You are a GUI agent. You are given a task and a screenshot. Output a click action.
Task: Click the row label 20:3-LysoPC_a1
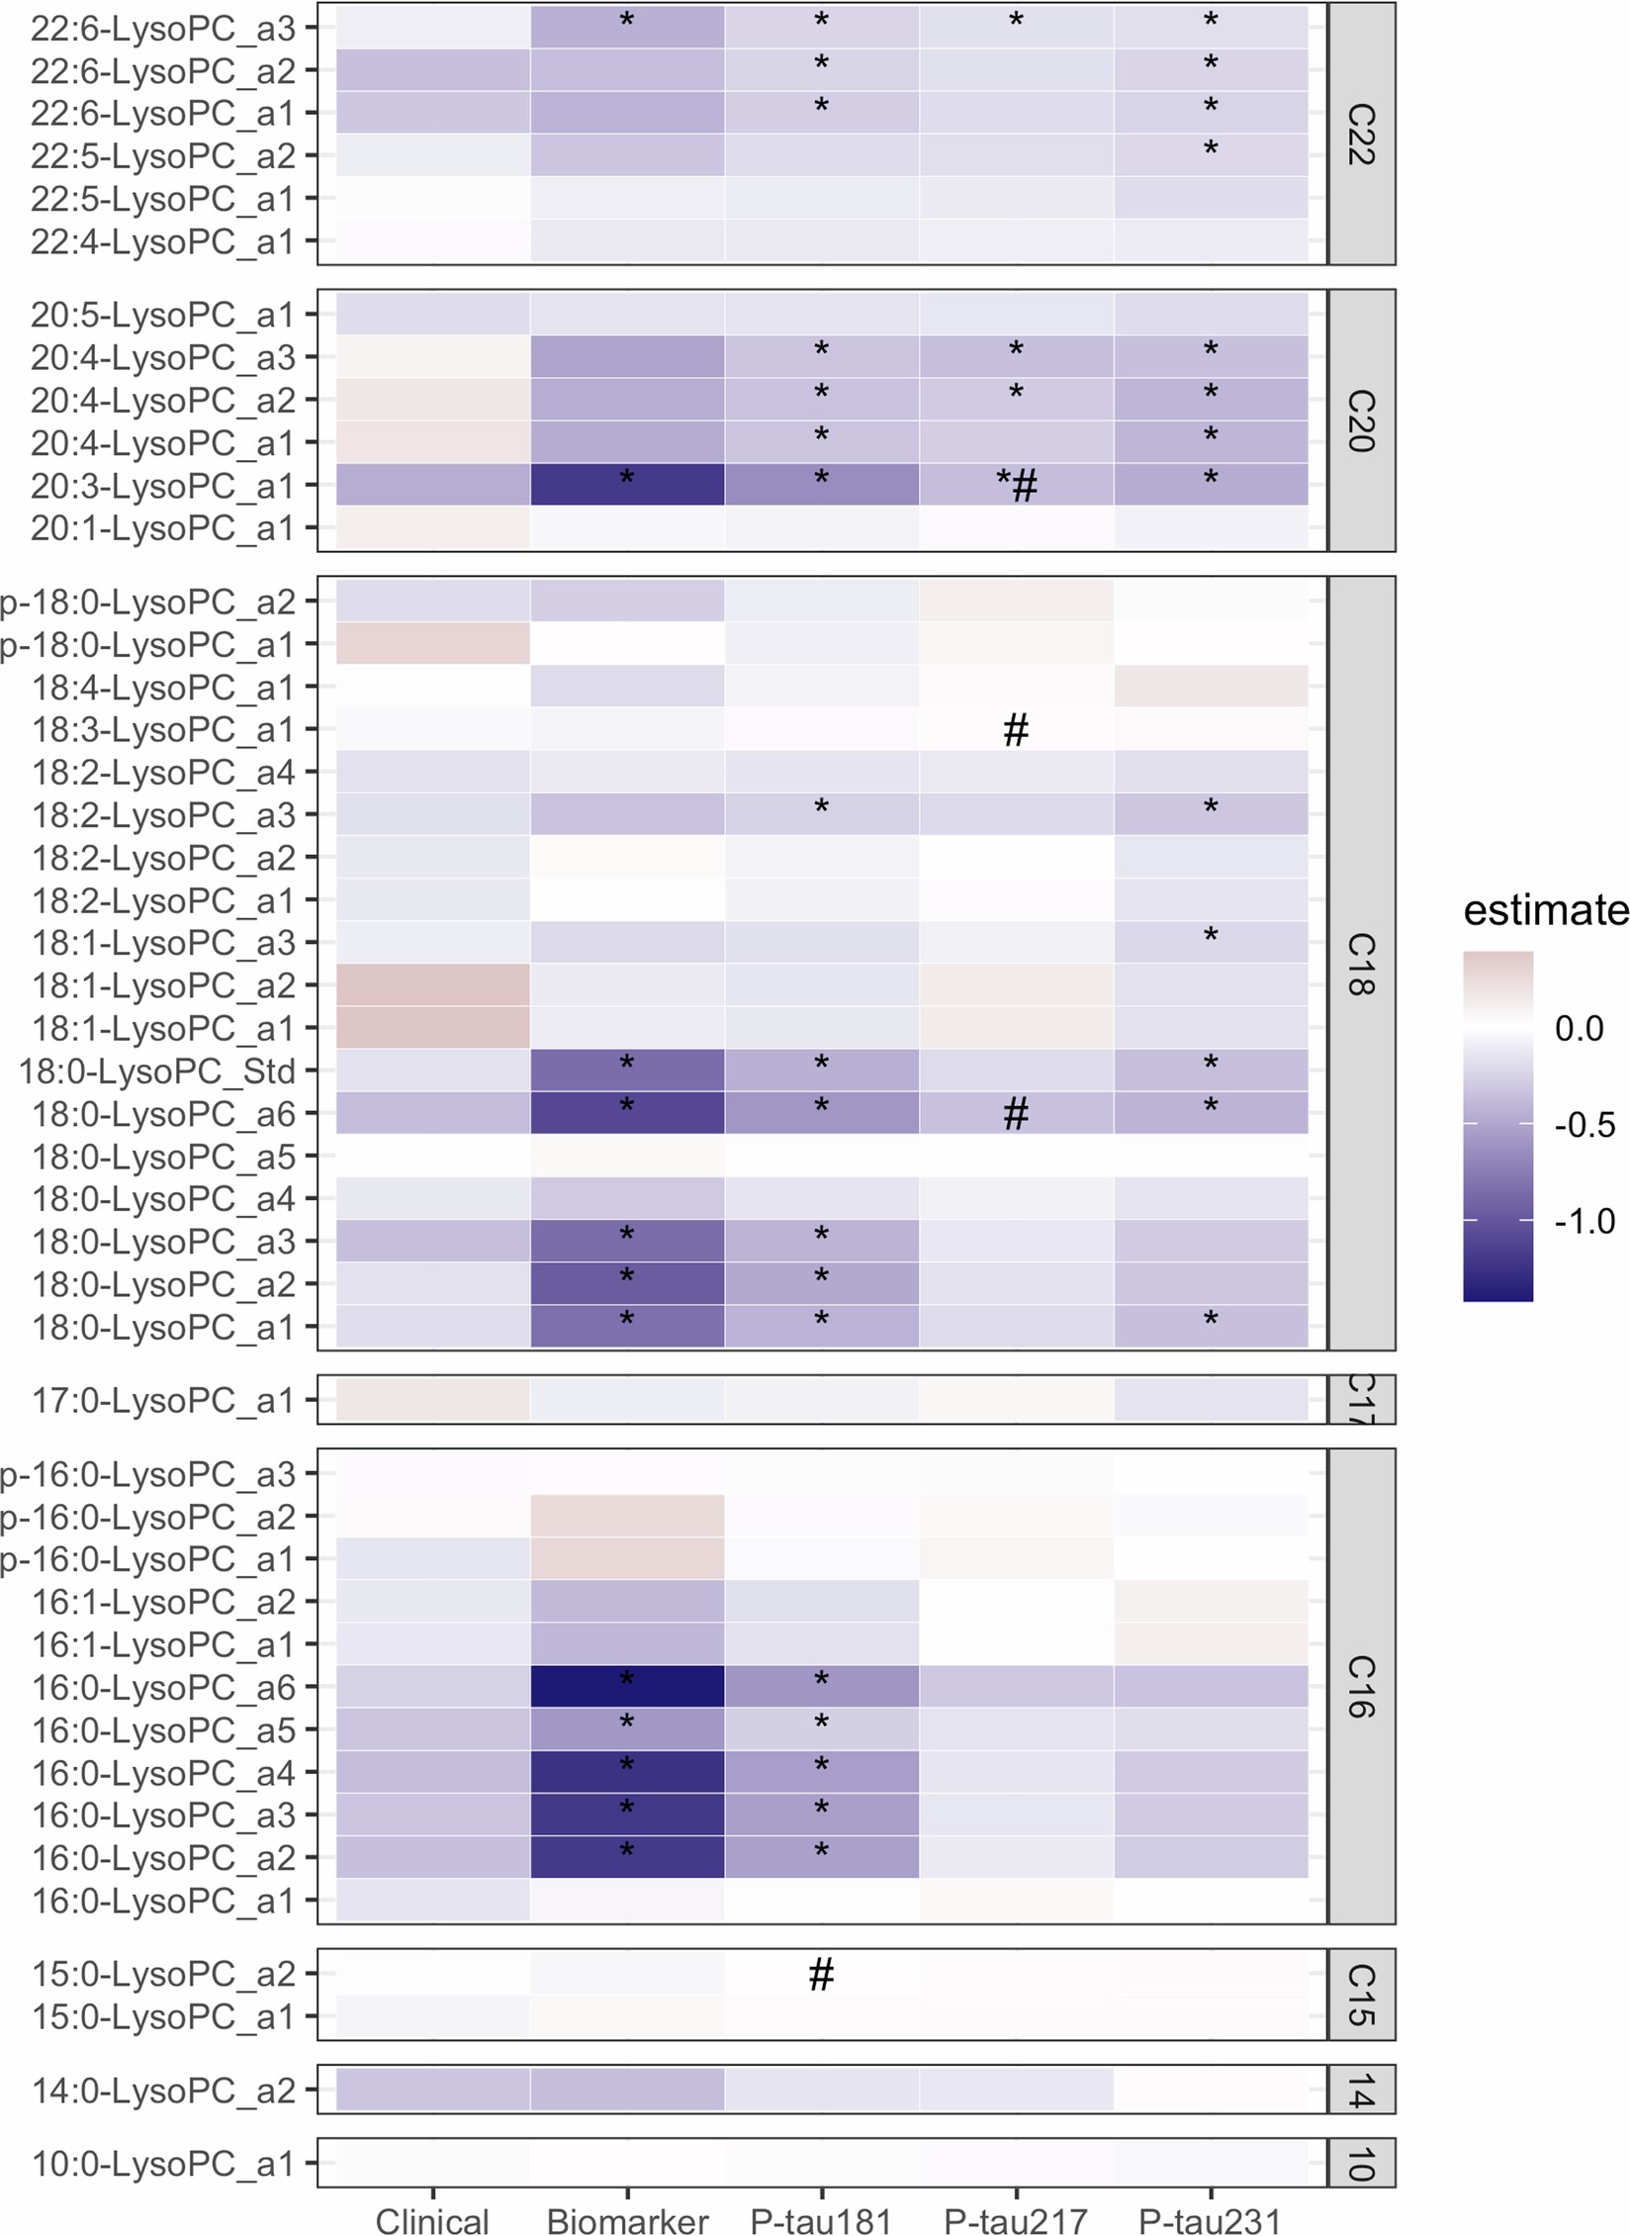coord(162,486)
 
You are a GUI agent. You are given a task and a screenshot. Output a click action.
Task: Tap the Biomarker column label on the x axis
coord(627,2221)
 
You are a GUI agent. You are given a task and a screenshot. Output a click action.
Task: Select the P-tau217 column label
coord(1016,2221)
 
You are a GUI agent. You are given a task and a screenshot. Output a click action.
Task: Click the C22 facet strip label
coord(1361,134)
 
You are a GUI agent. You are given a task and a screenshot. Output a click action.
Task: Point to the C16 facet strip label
coord(1361,1686)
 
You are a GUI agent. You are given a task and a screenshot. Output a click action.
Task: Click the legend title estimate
coord(1545,910)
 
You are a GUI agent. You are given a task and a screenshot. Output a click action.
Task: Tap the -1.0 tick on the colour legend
coord(1585,1221)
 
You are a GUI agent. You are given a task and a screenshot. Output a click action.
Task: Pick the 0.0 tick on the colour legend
coord(1579,1028)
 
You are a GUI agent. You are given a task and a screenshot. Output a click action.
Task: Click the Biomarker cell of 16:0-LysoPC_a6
coord(627,1686)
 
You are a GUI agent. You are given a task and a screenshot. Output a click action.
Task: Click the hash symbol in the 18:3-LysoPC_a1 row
coord(1016,730)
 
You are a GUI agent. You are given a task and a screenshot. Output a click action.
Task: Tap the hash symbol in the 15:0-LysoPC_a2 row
coord(821,1974)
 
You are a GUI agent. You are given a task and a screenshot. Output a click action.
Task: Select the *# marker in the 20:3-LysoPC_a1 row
coord(1017,484)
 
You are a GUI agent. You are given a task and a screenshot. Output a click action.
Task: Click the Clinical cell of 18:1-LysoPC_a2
coord(432,984)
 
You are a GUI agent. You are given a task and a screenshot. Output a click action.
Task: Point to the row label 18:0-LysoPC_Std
coord(156,1071)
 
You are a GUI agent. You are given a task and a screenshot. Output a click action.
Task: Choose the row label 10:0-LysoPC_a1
coord(163,2164)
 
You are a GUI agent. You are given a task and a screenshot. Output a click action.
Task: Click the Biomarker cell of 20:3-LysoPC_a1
coord(627,485)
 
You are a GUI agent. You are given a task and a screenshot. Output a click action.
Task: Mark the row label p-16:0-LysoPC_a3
coord(148,1473)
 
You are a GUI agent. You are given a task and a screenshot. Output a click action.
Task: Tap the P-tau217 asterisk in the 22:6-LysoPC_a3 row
coord(1016,21)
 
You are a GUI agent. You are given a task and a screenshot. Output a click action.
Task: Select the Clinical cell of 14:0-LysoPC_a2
coord(432,2090)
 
